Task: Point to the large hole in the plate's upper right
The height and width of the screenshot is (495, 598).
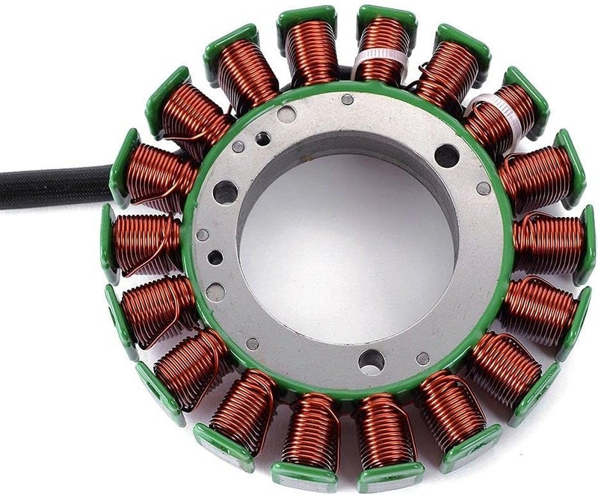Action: [446, 155]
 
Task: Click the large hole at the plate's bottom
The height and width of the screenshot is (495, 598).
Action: [371, 362]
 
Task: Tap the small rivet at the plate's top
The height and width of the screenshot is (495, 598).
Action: [347, 99]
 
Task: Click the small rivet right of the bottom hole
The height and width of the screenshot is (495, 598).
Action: [423, 358]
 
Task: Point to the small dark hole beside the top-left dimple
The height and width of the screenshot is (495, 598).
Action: [263, 138]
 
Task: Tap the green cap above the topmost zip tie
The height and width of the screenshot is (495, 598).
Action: [382, 16]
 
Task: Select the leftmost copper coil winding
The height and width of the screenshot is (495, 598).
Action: [147, 243]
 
